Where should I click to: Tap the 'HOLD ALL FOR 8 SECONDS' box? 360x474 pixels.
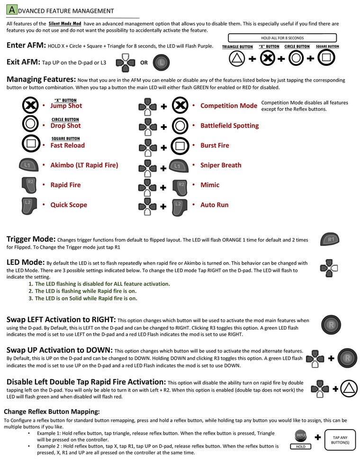pos(282,38)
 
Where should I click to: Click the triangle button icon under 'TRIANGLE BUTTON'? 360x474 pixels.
pos(237,59)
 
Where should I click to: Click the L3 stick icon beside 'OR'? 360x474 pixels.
pos(162,62)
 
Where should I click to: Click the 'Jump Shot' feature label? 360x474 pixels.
pos(66,106)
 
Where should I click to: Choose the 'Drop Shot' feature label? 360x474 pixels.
pos(65,126)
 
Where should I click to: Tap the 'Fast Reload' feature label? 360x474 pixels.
pos(67,146)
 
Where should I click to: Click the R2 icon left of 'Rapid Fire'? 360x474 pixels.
pos(30,185)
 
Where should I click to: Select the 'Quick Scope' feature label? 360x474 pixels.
pos(69,205)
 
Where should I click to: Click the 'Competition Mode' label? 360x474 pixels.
pos(228,106)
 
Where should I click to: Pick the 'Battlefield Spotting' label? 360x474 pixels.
pos(229,126)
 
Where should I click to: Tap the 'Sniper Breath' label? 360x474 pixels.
pos(221,165)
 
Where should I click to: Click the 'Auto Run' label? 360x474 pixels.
pos(214,205)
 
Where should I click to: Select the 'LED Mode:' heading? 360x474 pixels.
pos(26,263)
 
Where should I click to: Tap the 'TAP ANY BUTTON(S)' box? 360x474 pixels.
pos(341,440)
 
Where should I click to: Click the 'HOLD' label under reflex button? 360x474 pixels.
pos(301,447)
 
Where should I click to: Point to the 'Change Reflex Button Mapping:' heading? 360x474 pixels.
pos(52,411)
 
